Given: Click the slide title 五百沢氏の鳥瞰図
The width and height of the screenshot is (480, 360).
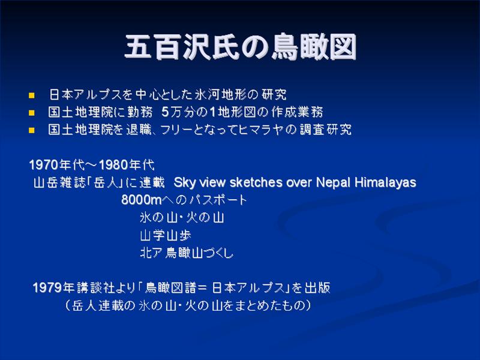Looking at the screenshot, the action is [241, 47].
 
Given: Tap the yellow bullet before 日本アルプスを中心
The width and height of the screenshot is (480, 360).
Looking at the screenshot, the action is [32, 95].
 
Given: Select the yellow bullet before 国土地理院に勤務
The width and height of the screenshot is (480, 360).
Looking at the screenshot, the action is [32, 113].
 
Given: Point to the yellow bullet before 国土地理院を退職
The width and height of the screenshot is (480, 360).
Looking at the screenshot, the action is [32, 130].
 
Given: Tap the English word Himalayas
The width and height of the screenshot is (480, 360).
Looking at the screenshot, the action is [385, 182].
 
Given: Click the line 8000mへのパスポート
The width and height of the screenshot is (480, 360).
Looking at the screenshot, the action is [184, 200].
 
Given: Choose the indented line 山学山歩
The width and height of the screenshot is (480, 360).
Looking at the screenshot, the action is [166, 235].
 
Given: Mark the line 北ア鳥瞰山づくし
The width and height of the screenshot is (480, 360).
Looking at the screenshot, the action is [187, 253].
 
